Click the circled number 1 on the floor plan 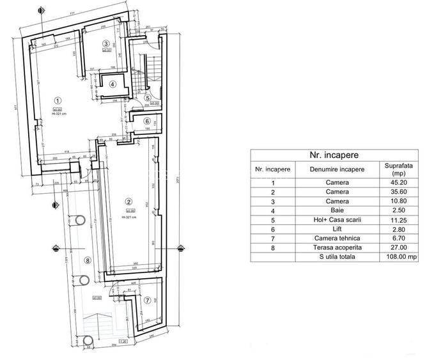58,100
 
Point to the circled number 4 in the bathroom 113,84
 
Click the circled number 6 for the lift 146,121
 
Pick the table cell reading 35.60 394,192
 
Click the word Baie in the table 337,210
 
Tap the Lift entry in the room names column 337,229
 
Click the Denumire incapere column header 337,169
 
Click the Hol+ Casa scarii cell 337,220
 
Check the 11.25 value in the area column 394,220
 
